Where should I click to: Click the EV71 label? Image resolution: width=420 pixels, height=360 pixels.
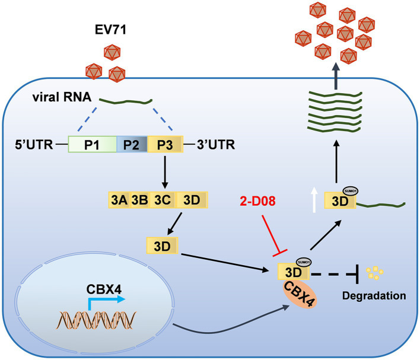pos(110,30)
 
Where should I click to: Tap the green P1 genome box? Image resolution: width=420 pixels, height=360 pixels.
pos(93,144)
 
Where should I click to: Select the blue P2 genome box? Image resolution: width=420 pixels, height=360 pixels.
pos(132,144)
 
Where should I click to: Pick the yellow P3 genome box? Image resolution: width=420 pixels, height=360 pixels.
pos(166,144)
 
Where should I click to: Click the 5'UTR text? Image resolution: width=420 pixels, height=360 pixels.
pos(34,145)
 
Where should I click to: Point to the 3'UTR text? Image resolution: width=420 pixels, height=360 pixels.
pos(216,145)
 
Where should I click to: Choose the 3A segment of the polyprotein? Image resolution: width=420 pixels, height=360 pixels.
pos(119,200)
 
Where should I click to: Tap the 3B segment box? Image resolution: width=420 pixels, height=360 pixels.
pos(139,200)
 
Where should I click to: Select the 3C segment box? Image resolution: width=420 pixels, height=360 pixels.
pos(163,200)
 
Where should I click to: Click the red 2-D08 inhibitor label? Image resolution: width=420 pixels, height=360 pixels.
pos(257,201)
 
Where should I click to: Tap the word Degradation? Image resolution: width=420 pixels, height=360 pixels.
pos(374,296)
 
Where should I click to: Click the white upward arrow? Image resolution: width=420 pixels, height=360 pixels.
pos(314,200)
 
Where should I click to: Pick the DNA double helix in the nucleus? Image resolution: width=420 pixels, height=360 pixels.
pos(96,320)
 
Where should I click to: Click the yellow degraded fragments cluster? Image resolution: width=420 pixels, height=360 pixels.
pos(374,273)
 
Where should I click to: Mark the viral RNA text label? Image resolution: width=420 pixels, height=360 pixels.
pos(62,97)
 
